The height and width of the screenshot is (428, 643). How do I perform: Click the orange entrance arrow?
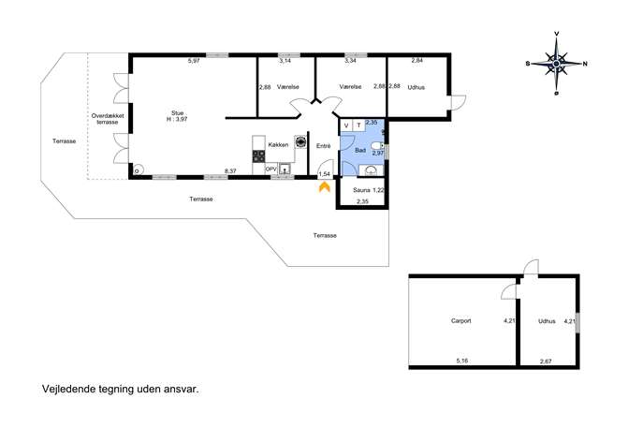325,187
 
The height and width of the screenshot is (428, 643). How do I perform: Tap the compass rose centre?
556,64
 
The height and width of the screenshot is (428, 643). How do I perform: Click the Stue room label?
178,112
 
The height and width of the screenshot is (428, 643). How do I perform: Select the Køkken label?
278,145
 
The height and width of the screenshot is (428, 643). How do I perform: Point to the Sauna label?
361,190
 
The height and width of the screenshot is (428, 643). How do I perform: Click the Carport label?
460,321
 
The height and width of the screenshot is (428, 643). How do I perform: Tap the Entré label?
324,146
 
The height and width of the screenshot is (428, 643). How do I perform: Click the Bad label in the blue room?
360,151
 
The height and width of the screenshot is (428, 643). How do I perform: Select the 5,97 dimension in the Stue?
194,61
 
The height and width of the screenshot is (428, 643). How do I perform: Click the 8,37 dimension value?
230,171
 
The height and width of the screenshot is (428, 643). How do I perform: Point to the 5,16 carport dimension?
462,361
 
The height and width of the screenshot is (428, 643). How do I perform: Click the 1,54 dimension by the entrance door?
325,175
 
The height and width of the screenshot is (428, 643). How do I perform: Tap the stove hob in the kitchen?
258,156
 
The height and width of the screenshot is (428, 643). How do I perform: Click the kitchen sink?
285,169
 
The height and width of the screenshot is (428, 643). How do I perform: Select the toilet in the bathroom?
377,146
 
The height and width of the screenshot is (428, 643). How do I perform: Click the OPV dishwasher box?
270,170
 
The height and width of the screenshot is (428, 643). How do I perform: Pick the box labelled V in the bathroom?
347,125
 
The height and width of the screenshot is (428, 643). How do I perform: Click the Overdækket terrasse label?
108,119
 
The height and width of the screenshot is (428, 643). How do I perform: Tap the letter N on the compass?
585,64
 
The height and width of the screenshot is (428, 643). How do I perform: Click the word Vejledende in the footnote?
69,389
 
